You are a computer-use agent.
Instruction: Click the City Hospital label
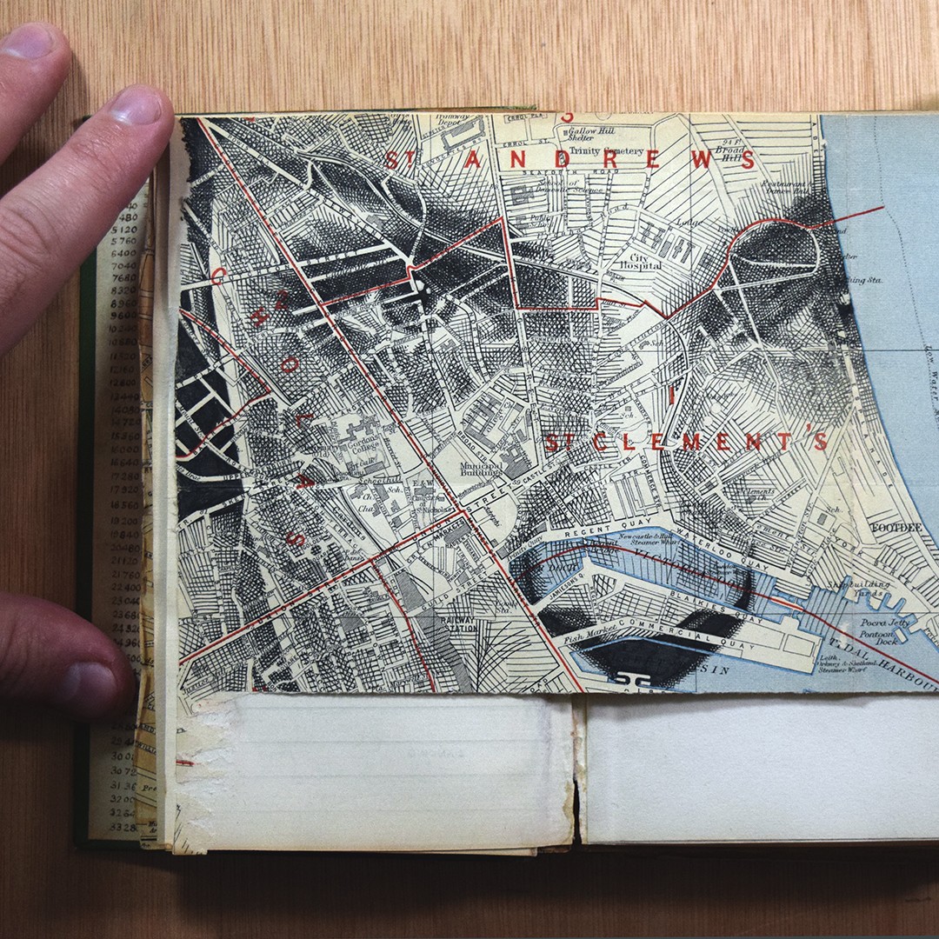coord(641,259)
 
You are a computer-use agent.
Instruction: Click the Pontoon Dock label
coord(876,640)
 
